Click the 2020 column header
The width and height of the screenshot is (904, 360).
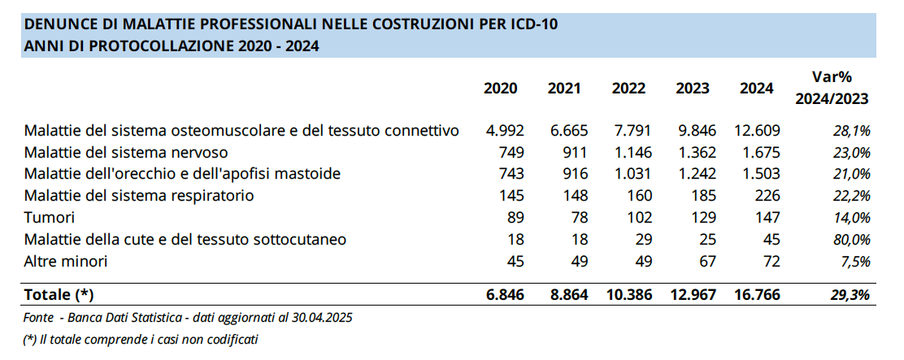(500, 89)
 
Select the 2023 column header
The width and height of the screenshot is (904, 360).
(692, 89)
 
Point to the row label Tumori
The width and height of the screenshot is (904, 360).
(50, 217)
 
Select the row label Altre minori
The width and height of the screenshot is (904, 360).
(66, 261)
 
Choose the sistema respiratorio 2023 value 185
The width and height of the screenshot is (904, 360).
(702, 196)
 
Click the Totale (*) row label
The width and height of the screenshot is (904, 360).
(65, 294)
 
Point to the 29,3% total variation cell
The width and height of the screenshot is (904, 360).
(850, 294)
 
